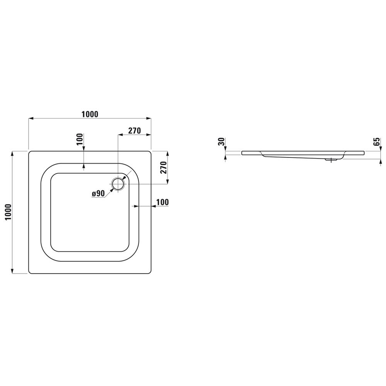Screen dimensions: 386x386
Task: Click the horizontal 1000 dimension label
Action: point(90,114)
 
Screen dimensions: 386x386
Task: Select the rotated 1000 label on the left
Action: point(8,212)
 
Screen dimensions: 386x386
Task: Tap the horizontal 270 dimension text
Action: point(135,130)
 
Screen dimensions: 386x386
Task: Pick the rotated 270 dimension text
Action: point(164,168)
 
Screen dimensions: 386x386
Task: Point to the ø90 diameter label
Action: point(98,194)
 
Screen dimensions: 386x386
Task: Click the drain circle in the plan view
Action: point(119,184)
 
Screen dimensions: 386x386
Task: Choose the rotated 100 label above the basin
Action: point(81,140)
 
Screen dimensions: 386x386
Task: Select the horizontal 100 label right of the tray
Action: point(163,202)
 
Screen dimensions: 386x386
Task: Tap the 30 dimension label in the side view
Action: point(222,142)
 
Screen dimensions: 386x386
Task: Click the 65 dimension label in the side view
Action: point(377,142)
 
